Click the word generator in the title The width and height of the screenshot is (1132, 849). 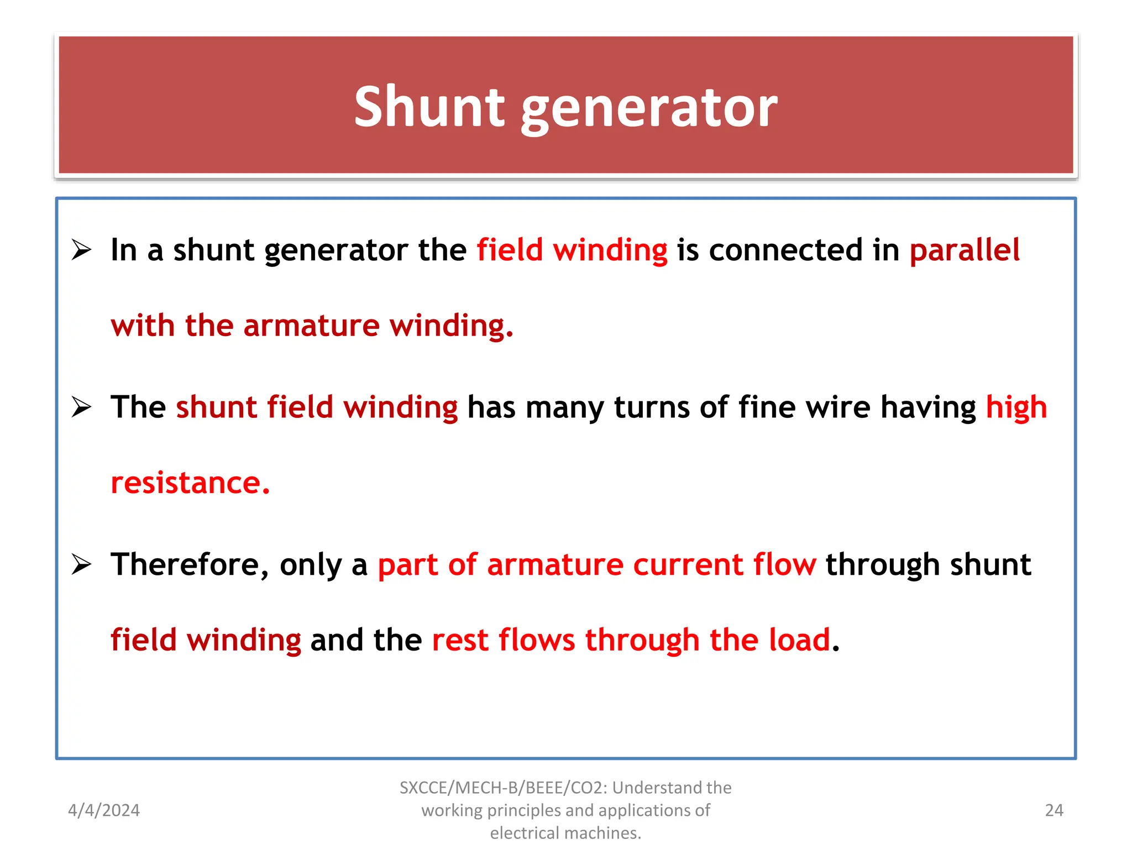[649, 109]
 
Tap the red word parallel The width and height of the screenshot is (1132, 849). [965, 250]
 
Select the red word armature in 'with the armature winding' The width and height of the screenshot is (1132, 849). [311, 325]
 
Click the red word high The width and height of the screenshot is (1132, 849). [1016, 408]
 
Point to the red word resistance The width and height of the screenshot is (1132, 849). [190, 483]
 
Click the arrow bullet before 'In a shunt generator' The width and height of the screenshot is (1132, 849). [81, 250]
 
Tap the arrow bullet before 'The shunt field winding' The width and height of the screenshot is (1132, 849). [81, 408]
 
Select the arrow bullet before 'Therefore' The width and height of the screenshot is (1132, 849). [81, 565]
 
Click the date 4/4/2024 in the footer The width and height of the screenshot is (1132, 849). [104, 810]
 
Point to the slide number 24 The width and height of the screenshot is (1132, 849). [1054, 810]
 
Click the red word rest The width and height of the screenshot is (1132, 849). [460, 640]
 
